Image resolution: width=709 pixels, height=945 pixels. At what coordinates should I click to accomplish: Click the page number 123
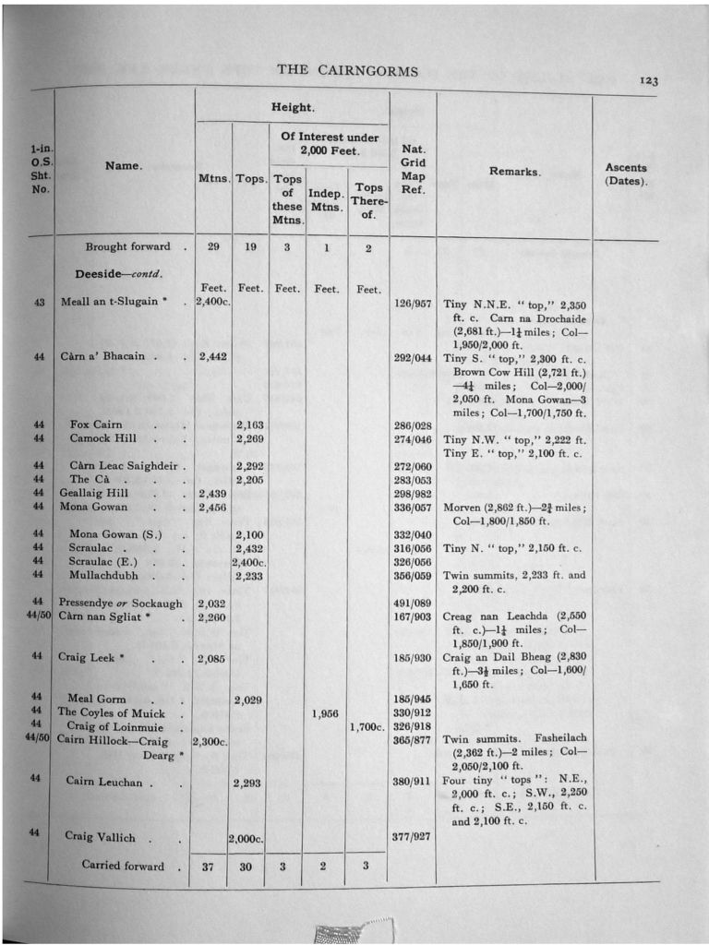point(648,81)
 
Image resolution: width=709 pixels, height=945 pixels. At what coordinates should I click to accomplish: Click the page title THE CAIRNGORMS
point(347,71)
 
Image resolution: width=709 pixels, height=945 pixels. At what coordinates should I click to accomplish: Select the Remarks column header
point(514,172)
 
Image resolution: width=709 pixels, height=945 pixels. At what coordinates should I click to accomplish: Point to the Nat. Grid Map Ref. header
point(414,167)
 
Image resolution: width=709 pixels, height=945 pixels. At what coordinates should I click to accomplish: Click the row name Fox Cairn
point(96,425)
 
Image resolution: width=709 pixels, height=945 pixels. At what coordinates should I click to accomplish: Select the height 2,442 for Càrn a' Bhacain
point(212,356)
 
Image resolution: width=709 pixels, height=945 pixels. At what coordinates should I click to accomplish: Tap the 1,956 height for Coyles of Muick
point(326,712)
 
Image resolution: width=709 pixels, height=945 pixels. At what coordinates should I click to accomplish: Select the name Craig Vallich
point(100,837)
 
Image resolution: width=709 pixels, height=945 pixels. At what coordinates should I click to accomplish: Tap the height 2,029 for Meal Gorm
point(247,700)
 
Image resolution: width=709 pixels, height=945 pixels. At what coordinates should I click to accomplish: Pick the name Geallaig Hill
point(94,493)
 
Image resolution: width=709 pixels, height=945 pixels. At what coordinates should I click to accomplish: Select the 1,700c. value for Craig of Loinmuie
point(367,726)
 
